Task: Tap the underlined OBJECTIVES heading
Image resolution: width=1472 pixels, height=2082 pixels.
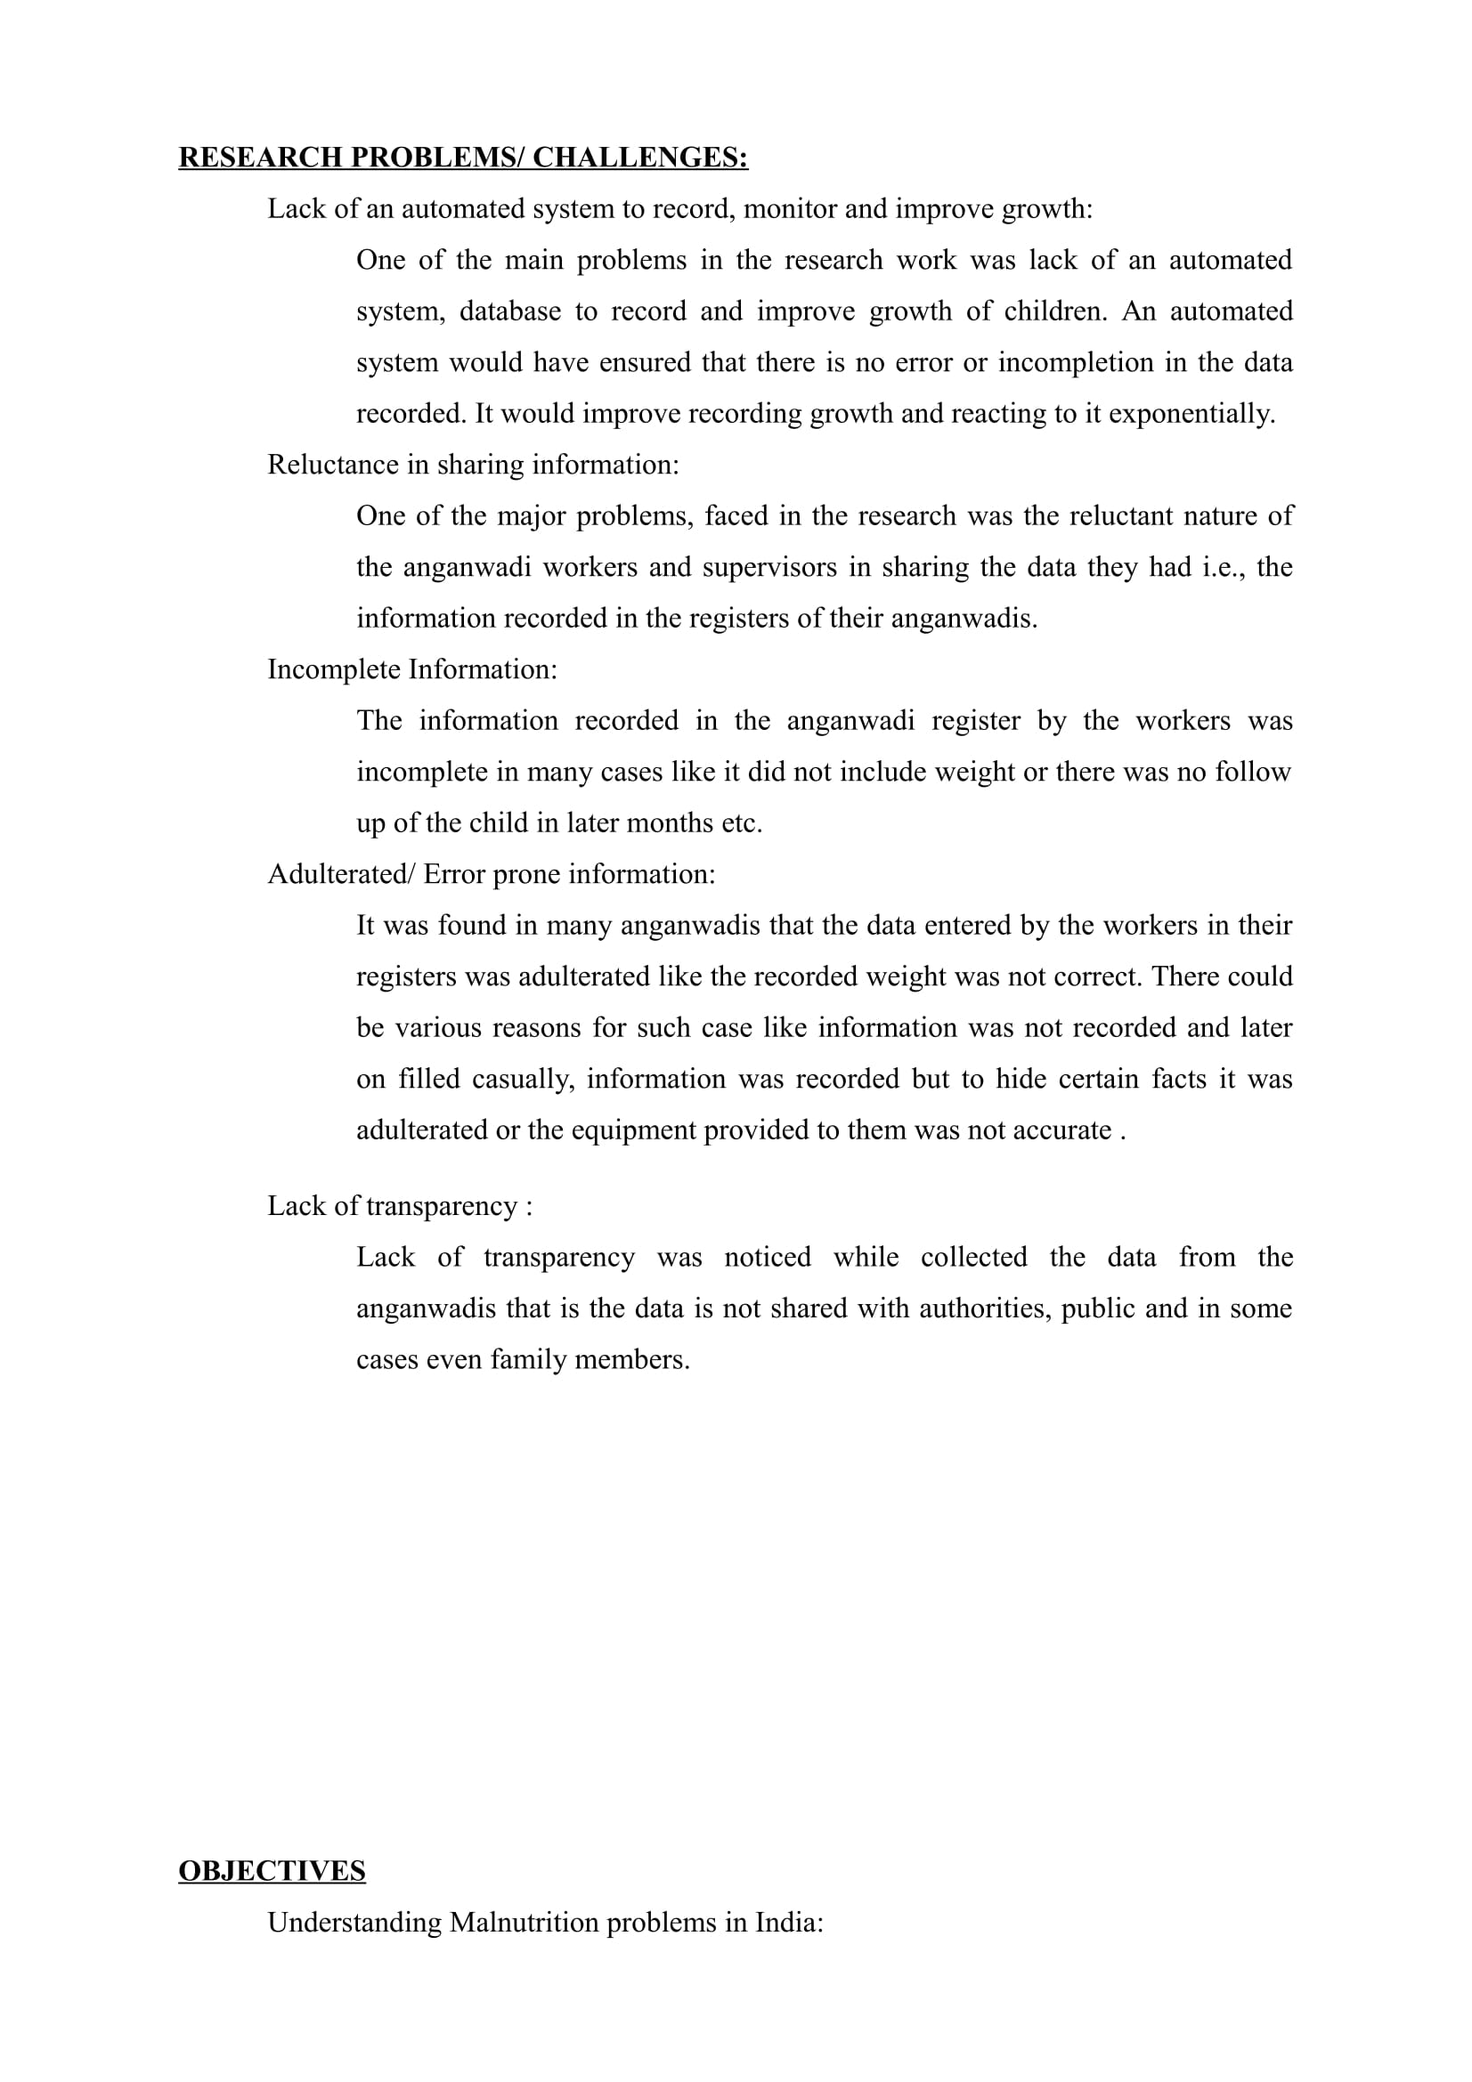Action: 272,1871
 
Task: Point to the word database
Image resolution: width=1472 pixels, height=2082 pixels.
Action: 509,312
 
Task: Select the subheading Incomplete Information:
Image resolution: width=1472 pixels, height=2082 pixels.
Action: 411,670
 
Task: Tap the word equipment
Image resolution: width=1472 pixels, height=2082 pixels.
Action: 633,1130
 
